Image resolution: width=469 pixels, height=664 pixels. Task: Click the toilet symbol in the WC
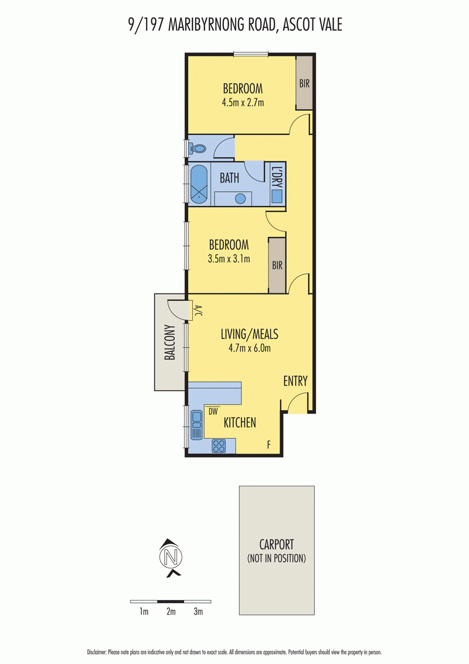(x=197, y=148)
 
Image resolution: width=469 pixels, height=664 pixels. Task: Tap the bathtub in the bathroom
(x=199, y=184)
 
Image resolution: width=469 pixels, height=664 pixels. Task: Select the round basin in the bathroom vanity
(x=240, y=198)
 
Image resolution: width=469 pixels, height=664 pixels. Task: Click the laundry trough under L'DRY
(x=277, y=196)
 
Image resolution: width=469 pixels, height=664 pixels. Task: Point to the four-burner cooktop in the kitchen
(x=219, y=446)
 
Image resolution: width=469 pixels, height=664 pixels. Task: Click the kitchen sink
(x=197, y=425)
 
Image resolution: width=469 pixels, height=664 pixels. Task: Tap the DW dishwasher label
(x=213, y=411)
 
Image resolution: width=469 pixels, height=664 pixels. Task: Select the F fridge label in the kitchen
(x=269, y=445)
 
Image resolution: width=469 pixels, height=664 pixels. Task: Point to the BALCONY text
(x=170, y=342)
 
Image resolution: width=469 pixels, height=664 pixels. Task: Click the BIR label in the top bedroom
(x=304, y=83)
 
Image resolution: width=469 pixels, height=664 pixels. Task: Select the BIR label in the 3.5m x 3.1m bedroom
(x=277, y=266)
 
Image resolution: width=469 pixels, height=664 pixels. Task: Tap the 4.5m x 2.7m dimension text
(x=243, y=102)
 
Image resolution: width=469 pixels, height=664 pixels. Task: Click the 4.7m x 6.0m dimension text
(x=249, y=348)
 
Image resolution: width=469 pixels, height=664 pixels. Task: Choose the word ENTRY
(x=295, y=381)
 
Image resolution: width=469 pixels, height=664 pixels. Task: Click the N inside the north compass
(x=171, y=557)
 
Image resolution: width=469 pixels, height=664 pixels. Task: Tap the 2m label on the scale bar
(x=171, y=611)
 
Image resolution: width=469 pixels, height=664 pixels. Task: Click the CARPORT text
(x=276, y=544)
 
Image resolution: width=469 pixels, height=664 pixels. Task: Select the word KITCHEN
(x=240, y=422)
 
